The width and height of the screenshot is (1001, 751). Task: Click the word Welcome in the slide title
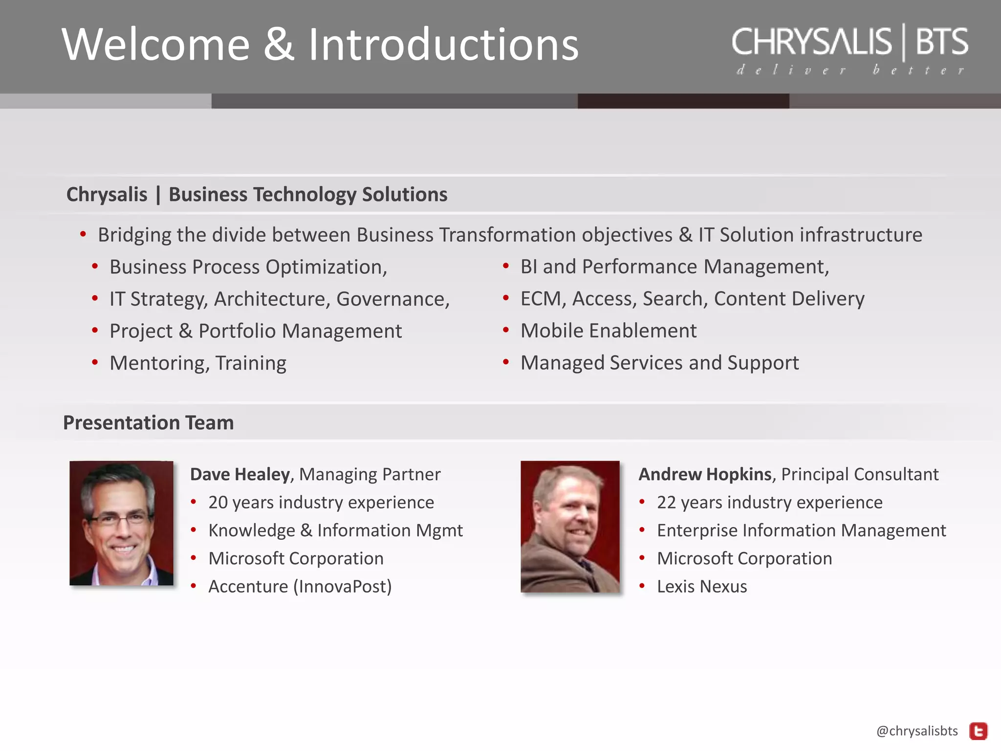[x=155, y=44]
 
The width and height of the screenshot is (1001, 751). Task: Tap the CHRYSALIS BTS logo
[x=849, y=48]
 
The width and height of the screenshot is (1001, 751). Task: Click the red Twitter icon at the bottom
[x=979, y=731]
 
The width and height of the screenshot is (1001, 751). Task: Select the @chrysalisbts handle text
[x=917, y=731]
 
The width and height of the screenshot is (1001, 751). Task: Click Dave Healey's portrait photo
[x=121, y=523]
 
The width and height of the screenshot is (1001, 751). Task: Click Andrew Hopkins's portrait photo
[x=570, y=527]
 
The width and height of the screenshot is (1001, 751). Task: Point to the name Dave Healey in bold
[x=239, y=474]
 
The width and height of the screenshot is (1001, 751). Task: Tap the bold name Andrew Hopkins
[x=705, y=474]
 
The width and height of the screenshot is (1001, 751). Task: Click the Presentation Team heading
[x=149, y=422]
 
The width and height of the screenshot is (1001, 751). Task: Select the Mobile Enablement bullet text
[x=609, y=331]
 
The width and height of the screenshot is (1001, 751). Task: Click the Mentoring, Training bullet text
[x=198, y=363]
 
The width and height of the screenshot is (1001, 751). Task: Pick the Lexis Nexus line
[x=702, y=586]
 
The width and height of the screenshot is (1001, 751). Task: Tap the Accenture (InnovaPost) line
[x=300, y=586]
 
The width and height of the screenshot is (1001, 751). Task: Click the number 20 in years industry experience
[x=218, y=503]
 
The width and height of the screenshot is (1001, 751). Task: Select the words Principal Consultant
[x=860, y=474]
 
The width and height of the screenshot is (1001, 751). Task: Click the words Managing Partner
[x=370, y=474]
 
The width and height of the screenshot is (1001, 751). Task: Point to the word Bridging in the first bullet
[x=134, y=235]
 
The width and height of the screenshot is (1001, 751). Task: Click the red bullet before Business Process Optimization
[x=95, y=267]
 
